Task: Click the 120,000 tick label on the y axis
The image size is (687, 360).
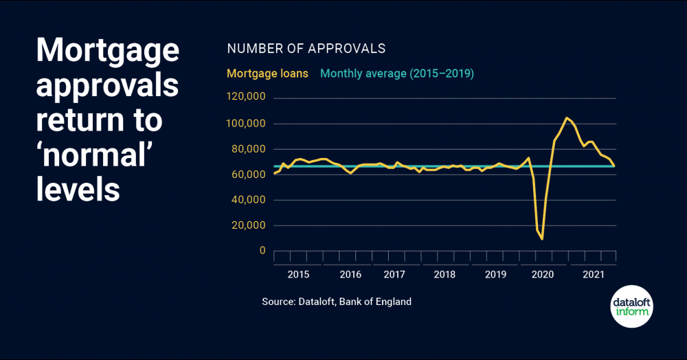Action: (246, 98)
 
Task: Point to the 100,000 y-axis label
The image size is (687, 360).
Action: (246, 124)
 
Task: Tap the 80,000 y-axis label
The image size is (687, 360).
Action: (248, 149)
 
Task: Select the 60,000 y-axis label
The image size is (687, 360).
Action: (248, 175)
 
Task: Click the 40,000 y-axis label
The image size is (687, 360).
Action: (248, 200)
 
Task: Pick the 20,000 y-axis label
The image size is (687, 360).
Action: (248, 225)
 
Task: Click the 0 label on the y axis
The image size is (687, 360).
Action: (262, 251)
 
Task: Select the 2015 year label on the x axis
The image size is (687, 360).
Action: (298, 275)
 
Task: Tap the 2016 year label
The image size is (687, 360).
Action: (350, 275)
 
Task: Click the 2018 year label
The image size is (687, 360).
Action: (444, 275)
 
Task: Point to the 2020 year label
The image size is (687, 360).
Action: (543, 275)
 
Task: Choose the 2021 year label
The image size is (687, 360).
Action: (593, 275)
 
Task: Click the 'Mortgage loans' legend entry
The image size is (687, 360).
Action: (267, 73)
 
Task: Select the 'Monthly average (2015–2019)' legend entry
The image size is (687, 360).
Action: (397, 73)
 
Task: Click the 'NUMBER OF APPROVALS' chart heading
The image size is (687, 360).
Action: (306, 49)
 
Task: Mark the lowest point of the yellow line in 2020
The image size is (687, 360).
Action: (542, 239)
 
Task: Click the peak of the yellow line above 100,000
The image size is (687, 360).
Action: (566, 117)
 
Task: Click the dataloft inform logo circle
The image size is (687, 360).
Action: (631, 306)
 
